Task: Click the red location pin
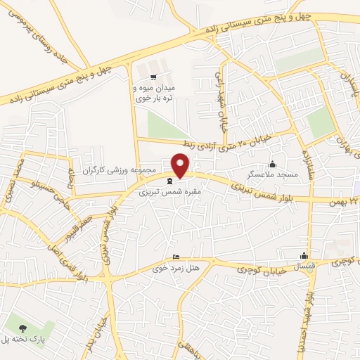pos(181,165)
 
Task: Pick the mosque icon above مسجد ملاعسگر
pos(273,164)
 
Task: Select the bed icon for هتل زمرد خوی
pos(176,257)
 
